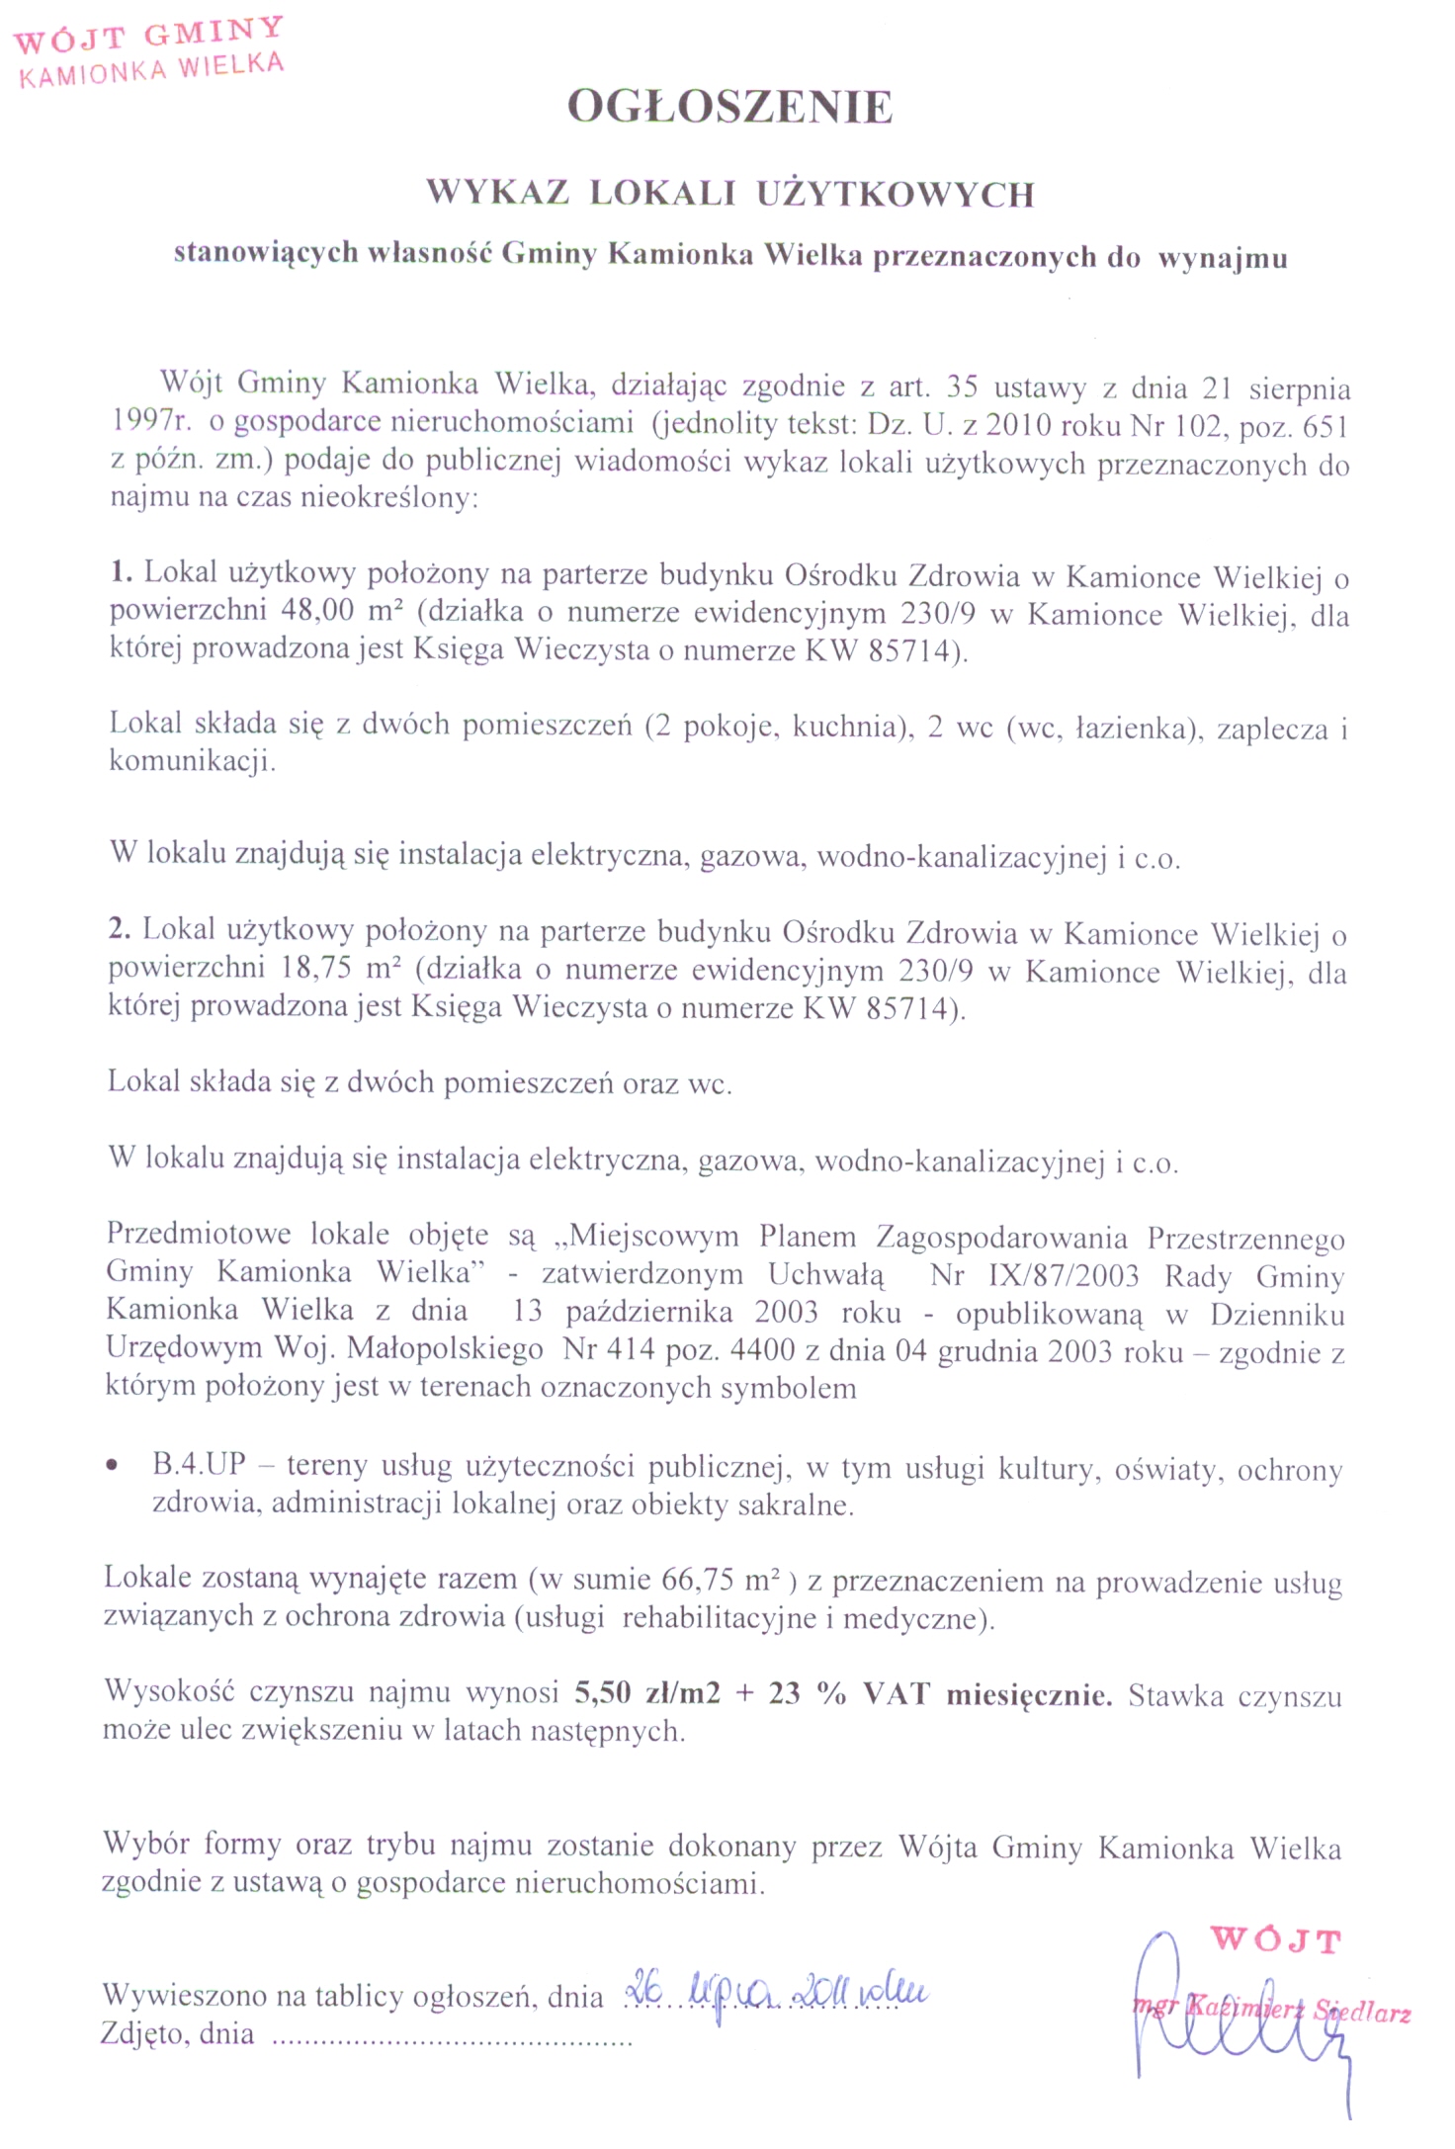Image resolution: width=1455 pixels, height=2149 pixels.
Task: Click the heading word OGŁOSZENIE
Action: click(729, 108)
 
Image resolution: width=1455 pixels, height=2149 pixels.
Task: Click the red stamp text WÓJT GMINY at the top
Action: click(148, 35)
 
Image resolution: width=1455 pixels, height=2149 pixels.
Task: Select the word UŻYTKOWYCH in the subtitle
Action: click(896, 194)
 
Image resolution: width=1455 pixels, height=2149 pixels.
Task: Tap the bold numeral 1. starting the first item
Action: click(121, 572)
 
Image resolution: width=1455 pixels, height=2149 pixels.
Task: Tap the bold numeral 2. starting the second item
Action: click(120, 930)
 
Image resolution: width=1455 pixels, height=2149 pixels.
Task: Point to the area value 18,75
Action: click(316, 968)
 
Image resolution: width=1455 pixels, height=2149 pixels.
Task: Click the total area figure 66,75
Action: click(698, 1579)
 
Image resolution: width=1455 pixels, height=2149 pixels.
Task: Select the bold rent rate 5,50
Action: click(602, 1693)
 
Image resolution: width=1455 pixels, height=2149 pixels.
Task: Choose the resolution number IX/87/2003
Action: click(1064, 1275)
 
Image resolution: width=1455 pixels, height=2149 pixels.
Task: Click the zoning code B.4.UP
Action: click(199, 1465)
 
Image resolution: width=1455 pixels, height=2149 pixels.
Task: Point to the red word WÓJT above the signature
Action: click(1275, 1939)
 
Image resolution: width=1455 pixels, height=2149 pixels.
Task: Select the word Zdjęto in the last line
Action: click(144, 2034)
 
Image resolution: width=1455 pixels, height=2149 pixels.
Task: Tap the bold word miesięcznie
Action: click(1029, 1694)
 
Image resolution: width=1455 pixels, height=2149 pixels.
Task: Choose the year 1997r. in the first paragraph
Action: click(149, 422)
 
